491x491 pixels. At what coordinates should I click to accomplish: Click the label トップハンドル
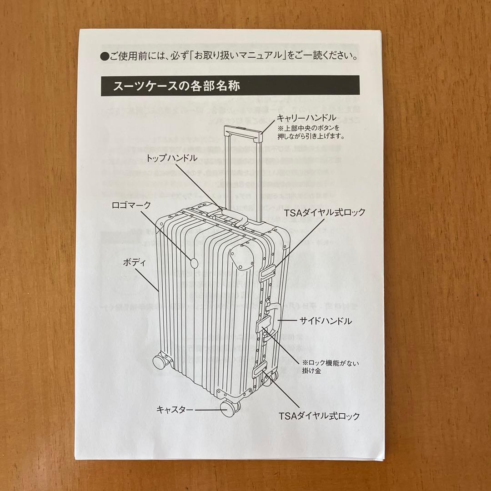click(172, 158)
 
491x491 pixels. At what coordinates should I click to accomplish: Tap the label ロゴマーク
click(131, 205)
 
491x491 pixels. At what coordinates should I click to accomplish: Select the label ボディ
click(134, 262)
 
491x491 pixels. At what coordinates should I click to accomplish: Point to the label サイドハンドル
click(325, 321)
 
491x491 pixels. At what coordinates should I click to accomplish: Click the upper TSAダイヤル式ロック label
click(325, 212)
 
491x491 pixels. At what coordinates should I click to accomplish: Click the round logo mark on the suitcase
click(195, 262)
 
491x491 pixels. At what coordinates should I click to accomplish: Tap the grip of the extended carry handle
click(244, 132)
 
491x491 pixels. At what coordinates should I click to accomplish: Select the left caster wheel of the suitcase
click(160, 361)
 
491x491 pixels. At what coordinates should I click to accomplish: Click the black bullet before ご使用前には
click(103, 57)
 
